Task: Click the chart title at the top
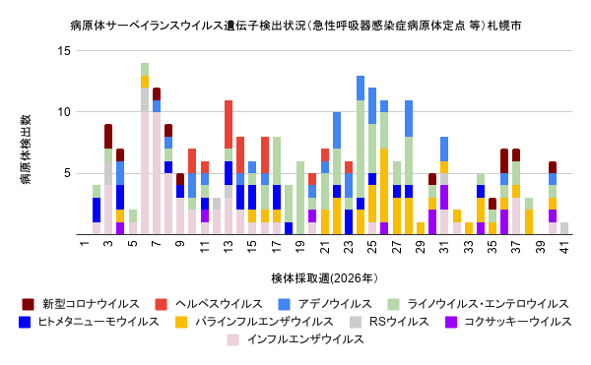pyautogui.click(x=295, y=26)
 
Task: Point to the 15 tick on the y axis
pyautogui.click(x=64, y=50)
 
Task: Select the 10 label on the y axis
pyautogui.click(x=64, y=112)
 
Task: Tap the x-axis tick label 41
pyautogui.click(x=564, y=247)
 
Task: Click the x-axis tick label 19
pyautogui.click(x=300, y=247)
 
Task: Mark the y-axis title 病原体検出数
pyautogui.click(x=26, y=150)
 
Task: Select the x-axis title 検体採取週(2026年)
pyautogui.click(x=324, y=278)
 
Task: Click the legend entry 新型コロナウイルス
pyautogui.click(x=81, y=304)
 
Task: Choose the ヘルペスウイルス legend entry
pyautogui.click(x=209, y=304)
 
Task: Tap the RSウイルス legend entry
pyautogui.click(x=390, y=322)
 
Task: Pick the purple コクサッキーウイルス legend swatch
pyautogui.click(x=451, y=322)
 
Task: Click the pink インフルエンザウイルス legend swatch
pyautogui.click(x=232, y=339)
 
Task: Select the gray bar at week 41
pyautogui.click(x=564, y=228)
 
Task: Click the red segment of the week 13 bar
pyautogui.click(x=229, y=125)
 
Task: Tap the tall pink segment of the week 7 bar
pyautogui.click(x=157, y=173)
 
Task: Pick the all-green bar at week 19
pyautogui.click(x=300, y=198)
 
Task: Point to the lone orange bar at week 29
pyautogui.click(x=421, y=228)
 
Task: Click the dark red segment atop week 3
pyautogui.click(x=108, y=137)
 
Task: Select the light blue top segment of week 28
pyautogui.click(x=409, y=118)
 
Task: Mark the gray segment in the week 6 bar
pyautogui.click(x=145, y=99)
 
